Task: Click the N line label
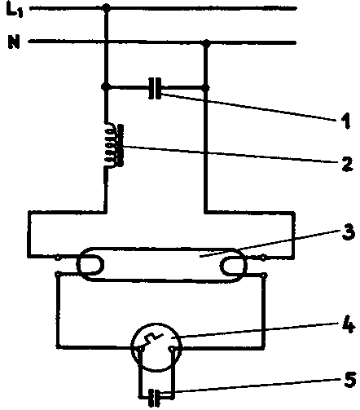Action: [14, 42]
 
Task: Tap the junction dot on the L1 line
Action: [107, 7]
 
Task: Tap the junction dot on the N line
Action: [206, 43]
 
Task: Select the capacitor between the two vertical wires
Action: [155, 88]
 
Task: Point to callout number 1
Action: [346, 121]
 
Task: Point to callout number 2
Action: [347, 164]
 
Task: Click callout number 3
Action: [349, 232]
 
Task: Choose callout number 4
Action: [349, 325]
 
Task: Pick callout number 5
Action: [350, 379]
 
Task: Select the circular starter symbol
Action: [156, 347]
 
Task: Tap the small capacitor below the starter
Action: [155, 398]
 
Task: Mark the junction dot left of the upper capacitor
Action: [105, 87]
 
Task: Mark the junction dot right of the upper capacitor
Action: [206, 88]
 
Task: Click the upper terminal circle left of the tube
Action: [58, 258]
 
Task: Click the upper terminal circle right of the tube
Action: [263, 258]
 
